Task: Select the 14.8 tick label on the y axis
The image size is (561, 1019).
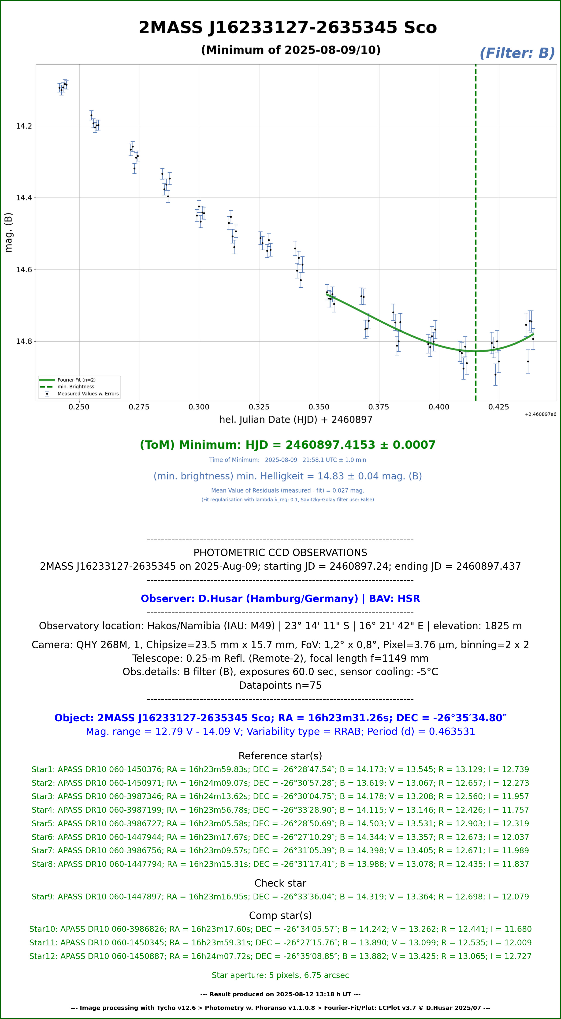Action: pyautogui.click(x=24, y=341)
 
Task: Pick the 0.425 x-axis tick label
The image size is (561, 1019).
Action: pyautogui.click(x=499, y=407)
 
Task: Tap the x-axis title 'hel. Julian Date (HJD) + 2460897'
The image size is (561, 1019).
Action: pyautogui.click(x=296, y=420)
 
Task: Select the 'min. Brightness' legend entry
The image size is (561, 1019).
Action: pyautogui.click(x=75, y=387)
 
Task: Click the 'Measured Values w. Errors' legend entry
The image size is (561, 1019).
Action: pyautogui.click(x=88, y=394)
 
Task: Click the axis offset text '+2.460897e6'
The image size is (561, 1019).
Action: pyautogui.click(x=540, y=414)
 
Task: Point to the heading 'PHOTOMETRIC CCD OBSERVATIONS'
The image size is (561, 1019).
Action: pyautogui.click(x=280, y=553)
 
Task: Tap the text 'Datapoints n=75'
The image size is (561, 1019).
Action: pyautogui.click(x=280, y=685)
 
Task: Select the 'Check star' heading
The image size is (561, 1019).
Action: pyautogui.click(x=280, y=883)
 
